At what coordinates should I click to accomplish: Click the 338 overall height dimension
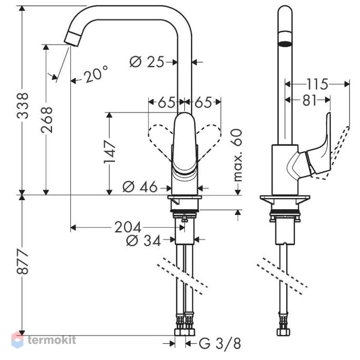(22, 106)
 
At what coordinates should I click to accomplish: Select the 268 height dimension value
(47, 120)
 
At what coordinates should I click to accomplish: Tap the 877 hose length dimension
(22, 261)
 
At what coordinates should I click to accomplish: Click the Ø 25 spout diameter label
(147, 62)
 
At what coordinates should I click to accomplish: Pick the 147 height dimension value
(109, 152)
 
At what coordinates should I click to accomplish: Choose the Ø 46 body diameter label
(140, 187)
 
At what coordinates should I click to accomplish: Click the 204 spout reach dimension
(128, 227)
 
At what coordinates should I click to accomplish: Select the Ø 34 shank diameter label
(144, 241)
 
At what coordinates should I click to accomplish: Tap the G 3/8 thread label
(220, 343)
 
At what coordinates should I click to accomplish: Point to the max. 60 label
(238, 155)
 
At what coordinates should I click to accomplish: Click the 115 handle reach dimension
(318, 84)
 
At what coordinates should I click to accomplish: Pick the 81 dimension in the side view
(310, 100)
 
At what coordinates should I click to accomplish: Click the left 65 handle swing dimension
(166, 102)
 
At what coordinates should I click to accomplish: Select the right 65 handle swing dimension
(203, 102)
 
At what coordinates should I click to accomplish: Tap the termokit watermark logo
(44, 340)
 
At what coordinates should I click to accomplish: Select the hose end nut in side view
(283, 332)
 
